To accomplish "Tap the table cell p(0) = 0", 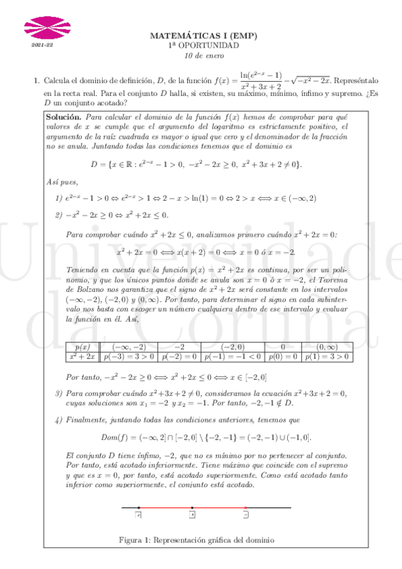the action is (283, 356).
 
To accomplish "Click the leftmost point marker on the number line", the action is (139, 508).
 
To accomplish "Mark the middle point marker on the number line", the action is (193, 508).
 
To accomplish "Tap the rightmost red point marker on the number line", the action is (246, 508).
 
